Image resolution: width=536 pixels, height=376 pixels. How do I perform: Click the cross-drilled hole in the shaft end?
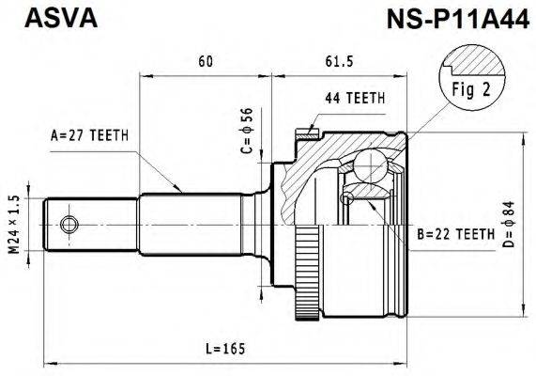(x=69, y=224)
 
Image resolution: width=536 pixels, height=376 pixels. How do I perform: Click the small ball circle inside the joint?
(x=348, y=196)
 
